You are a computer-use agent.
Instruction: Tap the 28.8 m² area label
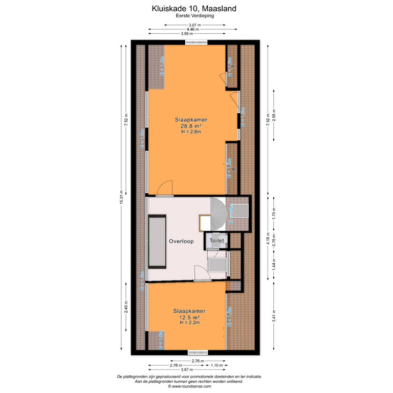[x=189, y=126]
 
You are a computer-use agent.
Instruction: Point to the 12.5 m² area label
[x=189, y=317]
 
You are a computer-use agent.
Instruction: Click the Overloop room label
[x=181, y=242]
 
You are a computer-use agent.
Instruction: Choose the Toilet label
[x=217, y=239]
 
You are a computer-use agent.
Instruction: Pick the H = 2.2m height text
[x=189, y=323]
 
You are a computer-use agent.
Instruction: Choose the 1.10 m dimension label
[x=217, y=365]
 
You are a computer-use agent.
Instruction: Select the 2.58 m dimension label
[x=274, y=114]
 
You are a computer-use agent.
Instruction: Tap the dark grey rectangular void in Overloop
[x=157, y=241]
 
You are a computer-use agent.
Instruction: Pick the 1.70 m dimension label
[x=274, y=211]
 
